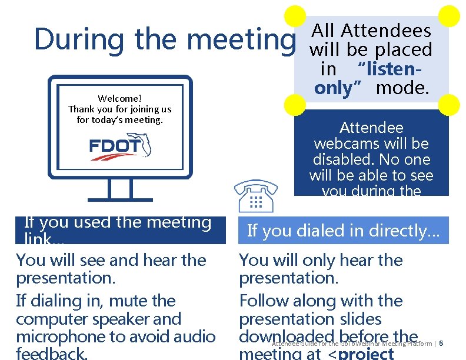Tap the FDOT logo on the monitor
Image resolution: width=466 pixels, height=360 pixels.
coord(121,149)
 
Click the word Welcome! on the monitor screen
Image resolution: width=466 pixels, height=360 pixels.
coord(120,98)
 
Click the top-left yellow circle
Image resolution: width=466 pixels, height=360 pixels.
coord(295,16)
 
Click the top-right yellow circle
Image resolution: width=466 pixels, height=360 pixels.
coord(450,16)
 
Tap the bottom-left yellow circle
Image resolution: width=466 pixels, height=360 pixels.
coord(295,104)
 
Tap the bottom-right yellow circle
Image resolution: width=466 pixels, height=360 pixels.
coord(450,104)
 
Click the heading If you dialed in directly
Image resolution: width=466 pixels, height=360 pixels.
coord(343,231)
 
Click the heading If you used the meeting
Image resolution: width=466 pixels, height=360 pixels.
coord(118,223)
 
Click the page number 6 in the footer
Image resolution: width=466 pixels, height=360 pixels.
coord(441,344)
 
